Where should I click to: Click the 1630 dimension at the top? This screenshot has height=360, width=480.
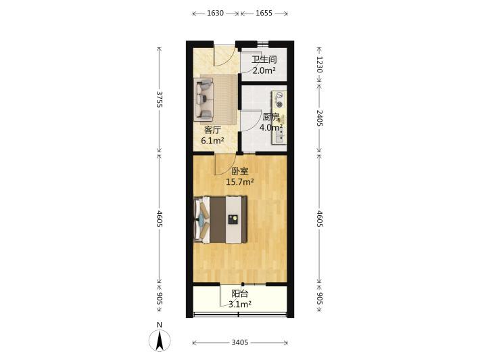215,13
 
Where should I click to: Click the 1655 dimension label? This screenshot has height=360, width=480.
264,13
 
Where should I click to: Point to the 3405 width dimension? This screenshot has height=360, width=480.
240,342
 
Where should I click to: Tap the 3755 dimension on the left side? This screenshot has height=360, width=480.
159,99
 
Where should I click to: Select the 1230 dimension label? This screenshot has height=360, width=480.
319,64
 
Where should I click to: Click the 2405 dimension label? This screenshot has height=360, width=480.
319,118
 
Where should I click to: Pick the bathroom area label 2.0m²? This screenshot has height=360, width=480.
264,70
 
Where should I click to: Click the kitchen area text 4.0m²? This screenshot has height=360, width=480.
271,127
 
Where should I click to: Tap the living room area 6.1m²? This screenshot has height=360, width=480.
212,141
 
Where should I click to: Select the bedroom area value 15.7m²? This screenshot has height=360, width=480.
240,182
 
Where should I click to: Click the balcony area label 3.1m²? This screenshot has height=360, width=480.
240,305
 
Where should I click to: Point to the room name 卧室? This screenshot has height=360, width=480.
240,171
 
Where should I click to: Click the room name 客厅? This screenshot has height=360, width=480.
212,130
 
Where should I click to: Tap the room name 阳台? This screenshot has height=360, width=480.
240,294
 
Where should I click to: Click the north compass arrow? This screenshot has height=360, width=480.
160,340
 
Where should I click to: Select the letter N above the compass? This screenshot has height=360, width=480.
159,325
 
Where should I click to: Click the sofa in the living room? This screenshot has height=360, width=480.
203,99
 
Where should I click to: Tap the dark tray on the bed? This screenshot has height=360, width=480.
233,220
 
